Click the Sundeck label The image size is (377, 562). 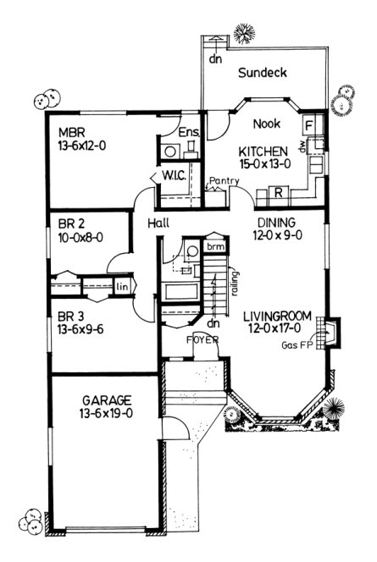click(x=262, y=73)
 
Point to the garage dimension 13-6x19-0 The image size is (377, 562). click(x=104, y=412)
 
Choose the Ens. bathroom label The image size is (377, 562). click(x=189, y=132)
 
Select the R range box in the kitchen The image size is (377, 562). click(x=278, y=192)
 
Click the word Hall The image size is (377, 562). click(x=158, y=223)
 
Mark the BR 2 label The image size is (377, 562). click(x=71, y=225)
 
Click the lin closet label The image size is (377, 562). click(x=122, y=285)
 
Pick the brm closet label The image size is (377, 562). click(x=216, y=246)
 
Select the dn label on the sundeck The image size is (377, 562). click(x=215, y=59)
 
